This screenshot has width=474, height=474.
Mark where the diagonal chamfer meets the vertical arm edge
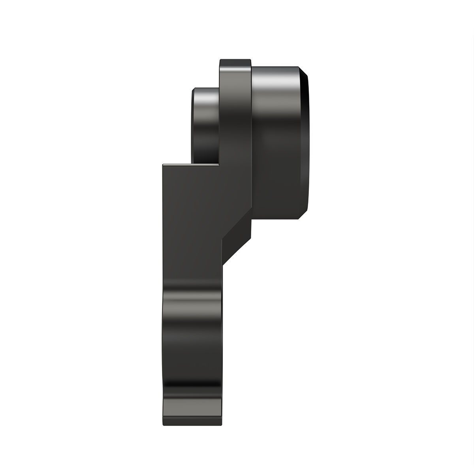point(223,265)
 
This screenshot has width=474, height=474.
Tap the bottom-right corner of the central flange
point(251,237)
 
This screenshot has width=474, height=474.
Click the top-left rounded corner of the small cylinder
point(194,90)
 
